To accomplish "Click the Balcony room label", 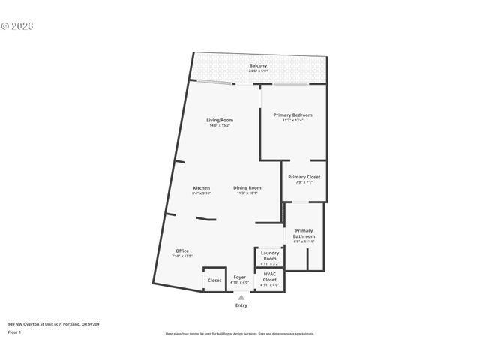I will (258, 65).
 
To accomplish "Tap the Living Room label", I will (220, 120).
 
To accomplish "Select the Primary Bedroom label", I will (292, 115).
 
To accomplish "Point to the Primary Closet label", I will (304, 177).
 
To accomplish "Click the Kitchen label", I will (201, 187).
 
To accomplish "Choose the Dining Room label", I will (247, 187).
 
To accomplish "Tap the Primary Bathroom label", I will (304, 233).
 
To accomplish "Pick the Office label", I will (182, 250).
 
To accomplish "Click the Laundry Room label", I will (270, 256).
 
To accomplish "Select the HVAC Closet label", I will (270, 277).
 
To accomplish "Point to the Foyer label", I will (240, 277).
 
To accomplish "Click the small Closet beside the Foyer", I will (214, 280).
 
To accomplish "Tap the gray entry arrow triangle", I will (241, 297).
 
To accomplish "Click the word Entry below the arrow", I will (241, 305).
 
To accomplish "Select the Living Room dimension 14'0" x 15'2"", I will (220, 125).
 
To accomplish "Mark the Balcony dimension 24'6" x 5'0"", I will (258, 70).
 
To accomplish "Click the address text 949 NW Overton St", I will (53, 323).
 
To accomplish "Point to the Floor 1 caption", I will (15, 331).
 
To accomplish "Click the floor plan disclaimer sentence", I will (239, 333).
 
